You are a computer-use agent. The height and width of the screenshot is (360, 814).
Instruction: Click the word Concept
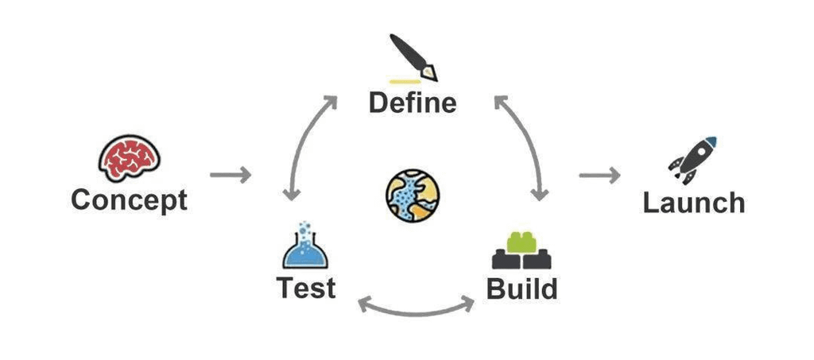pos(129,199)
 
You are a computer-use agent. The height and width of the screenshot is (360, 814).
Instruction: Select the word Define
pos(413,103)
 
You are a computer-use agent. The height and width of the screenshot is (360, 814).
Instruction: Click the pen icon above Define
pos(414,57)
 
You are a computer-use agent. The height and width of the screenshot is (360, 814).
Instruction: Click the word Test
pos(305,287)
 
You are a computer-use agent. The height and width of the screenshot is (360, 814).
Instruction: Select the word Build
pos(521,288)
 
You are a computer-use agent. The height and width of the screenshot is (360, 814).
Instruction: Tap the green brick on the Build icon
pos(521,241)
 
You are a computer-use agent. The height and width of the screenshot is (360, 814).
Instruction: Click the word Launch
pos(693,203)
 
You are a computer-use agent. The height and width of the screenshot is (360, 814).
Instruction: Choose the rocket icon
pos(692,159)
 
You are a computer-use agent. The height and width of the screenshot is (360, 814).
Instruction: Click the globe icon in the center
pos(413,195)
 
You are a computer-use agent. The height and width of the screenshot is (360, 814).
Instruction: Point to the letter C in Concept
pos(81,199)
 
